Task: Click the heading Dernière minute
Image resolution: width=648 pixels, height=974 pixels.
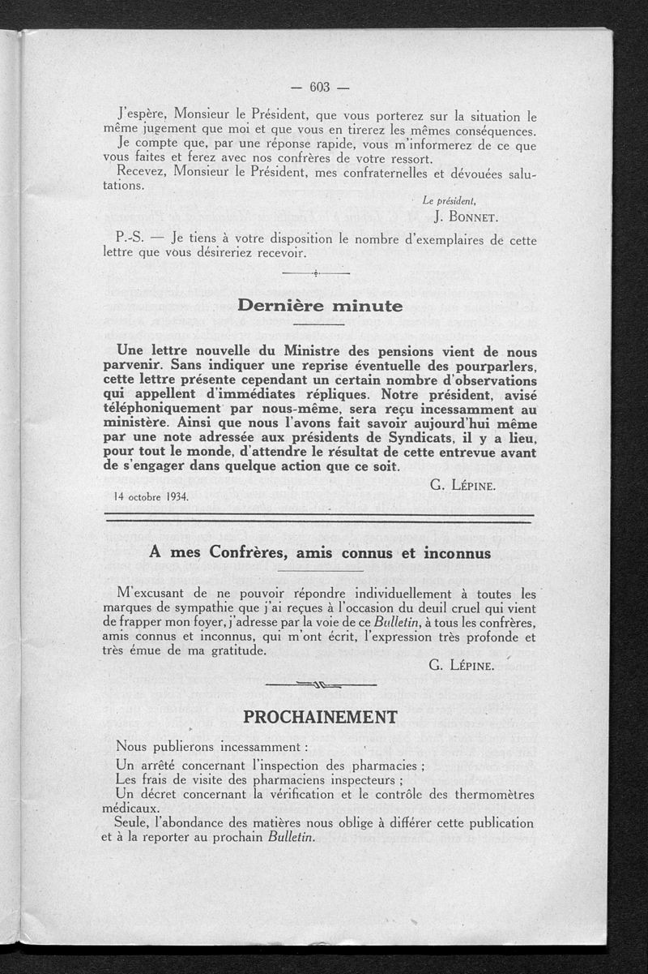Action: pyautogui.click(x=319, y=307)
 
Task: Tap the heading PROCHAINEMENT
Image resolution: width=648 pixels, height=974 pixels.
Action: pyautogui.click(x=321, y=717)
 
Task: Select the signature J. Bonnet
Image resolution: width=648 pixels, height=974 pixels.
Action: pyautogui.click(x=464, y=217)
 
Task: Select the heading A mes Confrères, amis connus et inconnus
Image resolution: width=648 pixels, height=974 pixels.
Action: pyautogui.click(x=321, y=553)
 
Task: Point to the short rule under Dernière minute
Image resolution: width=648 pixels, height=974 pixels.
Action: pyautogui.click(x=319, y=324)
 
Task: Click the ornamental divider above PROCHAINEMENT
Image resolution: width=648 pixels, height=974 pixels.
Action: pyautogui.click(x=321, y=686)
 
